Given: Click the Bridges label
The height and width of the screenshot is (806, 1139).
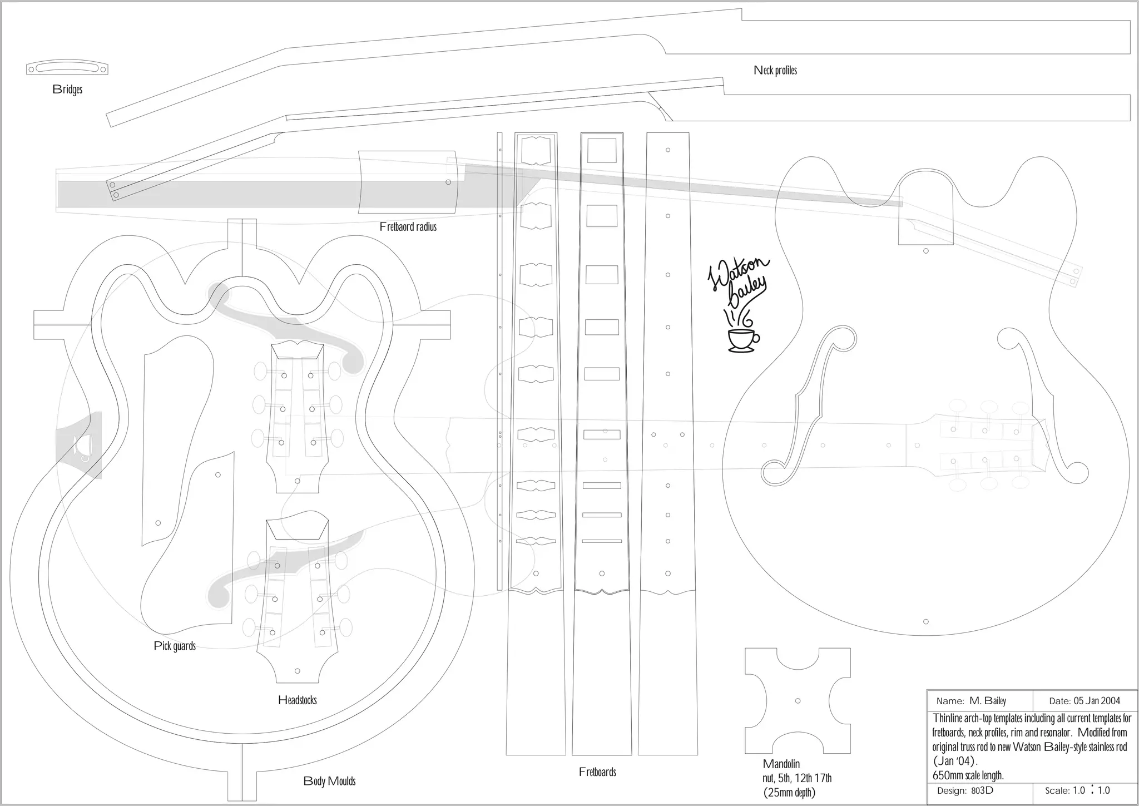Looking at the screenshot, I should tap(67, 89).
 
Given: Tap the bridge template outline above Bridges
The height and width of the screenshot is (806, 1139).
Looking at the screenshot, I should tap(67, 68).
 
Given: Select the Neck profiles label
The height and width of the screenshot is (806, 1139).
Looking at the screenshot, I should tap(775, 70).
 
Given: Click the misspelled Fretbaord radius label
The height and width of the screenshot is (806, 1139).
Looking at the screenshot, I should tap(408, 226).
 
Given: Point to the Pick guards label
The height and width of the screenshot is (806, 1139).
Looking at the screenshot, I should tap(175, 646).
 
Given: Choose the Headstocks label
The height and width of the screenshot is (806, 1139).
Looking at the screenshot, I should tap(297, 700).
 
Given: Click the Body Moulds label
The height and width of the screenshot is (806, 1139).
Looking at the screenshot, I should tap(329, 781).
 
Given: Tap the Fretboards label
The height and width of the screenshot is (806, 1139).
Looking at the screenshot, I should tap(597, 772).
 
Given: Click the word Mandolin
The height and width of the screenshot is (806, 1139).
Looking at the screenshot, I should tap(781, 764).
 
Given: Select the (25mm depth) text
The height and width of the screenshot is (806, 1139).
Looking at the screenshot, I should tap(789, 793).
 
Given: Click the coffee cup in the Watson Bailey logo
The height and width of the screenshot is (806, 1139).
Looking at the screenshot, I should tap(742, 339).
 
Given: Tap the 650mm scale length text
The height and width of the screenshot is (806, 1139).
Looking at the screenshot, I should tap(968, 775).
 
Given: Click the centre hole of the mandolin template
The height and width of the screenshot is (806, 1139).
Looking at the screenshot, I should tap(798, 701).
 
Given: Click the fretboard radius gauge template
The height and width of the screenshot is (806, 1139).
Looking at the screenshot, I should tap(408, 182).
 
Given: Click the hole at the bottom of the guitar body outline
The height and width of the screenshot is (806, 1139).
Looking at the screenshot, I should tap(926, 621).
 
